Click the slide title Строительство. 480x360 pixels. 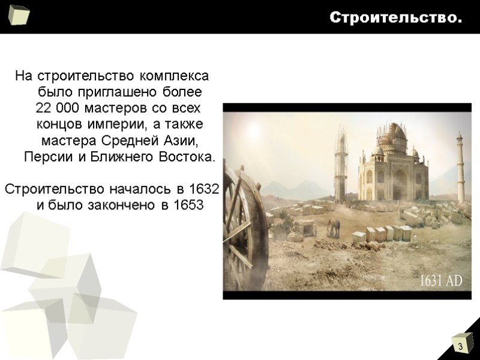pos(395,18)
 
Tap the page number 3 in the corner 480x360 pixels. pos(460,347)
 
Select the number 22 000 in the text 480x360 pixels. pos(58,109)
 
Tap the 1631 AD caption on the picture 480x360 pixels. pos(440,281)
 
